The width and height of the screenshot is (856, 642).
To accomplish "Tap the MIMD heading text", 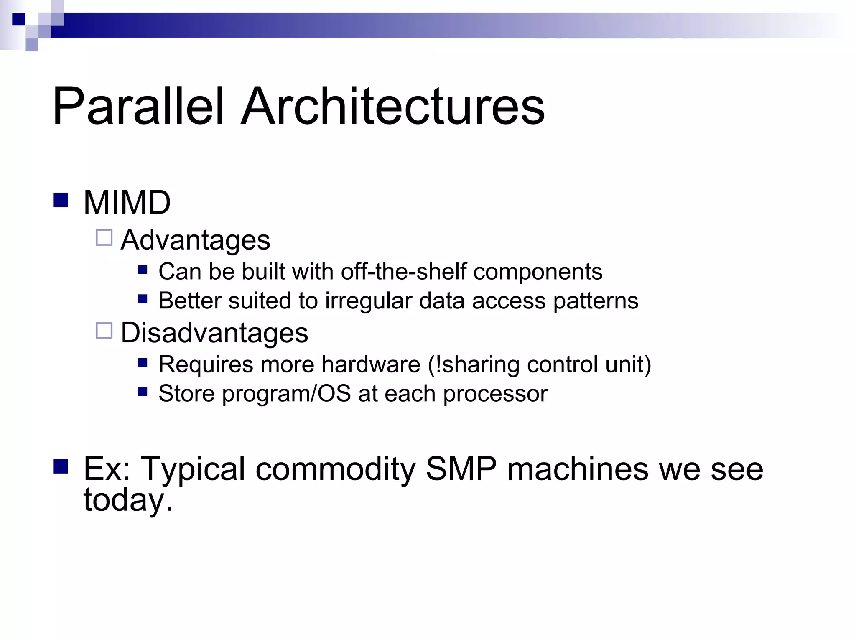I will tap(127, 203).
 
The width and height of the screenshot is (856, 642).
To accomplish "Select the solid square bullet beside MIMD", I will tap(61, 200).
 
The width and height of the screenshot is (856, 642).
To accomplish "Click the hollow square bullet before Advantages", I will tap(104, 237).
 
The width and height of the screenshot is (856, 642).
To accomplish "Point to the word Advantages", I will tap(195, 240).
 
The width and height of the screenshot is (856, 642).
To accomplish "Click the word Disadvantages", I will tap(214, 333).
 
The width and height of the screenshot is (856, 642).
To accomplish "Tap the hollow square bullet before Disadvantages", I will tap(104, 330).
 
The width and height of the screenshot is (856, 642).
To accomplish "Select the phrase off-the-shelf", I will tap(403, 272).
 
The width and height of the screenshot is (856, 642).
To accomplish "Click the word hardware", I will tap(371, 364).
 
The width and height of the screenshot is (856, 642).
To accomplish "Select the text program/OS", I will tap(286, 394).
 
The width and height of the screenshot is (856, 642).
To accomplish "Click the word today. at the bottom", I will tap(128, 500).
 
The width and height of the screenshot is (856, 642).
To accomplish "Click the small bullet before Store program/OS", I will tap(143, 392).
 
